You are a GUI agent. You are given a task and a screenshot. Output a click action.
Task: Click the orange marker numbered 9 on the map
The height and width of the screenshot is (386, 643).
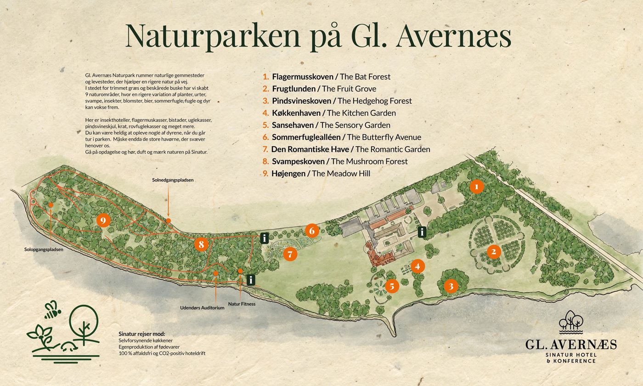[104, 221]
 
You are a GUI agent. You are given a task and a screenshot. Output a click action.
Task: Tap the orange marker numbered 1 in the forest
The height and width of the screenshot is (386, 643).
[477, 187]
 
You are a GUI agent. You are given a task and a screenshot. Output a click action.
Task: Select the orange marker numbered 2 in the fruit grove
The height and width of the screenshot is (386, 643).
[494, 251]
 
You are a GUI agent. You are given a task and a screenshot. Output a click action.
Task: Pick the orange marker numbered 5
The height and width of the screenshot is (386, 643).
[392, 286]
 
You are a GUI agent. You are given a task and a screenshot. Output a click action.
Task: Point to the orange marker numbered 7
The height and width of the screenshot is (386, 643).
[290, 254]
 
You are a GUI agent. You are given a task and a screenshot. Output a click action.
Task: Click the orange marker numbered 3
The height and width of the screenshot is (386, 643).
[451, 286]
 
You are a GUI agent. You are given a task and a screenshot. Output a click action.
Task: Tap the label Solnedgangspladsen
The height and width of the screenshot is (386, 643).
[173, 180]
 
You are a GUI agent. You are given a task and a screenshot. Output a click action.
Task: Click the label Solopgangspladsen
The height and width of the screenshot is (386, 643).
[44, 250]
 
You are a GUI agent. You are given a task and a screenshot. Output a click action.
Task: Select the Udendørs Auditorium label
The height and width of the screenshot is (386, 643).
[202, 307]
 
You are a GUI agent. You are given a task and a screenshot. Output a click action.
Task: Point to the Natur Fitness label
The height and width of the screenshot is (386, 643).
[242, 304]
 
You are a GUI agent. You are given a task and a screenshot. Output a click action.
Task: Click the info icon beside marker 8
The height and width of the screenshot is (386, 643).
[265, 238]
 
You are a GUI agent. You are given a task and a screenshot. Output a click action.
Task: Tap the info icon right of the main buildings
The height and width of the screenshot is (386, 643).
[422, 232]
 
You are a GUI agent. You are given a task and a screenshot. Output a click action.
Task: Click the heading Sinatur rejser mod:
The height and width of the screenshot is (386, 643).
[141, 334]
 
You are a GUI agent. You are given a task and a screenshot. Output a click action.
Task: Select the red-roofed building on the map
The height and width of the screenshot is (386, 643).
[381, 258]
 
